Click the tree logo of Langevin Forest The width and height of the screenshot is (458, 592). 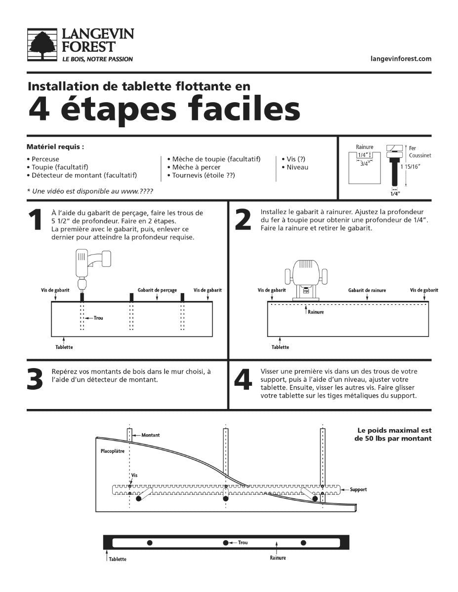[43, 45]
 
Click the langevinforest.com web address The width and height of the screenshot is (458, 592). [401, 59]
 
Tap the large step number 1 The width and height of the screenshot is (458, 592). [35, 220]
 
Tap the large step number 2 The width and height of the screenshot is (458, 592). [243, 220]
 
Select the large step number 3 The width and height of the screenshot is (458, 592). [35, 379]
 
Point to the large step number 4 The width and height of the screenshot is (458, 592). [243, 379]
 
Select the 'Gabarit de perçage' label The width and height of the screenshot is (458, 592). [157, 291]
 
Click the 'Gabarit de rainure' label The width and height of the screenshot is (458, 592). [367, 291]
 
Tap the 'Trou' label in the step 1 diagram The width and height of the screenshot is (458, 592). [98, 318]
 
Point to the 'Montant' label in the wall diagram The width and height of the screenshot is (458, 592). [150, 435]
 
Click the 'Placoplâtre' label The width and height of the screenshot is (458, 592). [112, 451]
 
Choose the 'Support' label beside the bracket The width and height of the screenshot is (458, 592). [358, 489]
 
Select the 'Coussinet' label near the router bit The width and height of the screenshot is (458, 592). [420, 155]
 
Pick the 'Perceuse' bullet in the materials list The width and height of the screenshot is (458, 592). [45, 159]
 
